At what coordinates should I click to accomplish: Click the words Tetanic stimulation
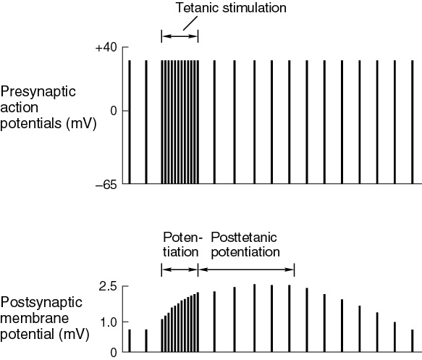click(x=231, y=7)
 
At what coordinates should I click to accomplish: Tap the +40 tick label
click(x=106, y=48)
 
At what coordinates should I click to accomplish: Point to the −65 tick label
click(x=106, y=185)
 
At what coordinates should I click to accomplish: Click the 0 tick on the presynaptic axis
click(x=114, y=111)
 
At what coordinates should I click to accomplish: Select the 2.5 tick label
click(x=108, y=287)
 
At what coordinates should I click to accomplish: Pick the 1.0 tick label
click(x=108, y=322)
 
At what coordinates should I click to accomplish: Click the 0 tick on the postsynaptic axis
click(x=114, y=353)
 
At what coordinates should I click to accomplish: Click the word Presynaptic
click(x=38, y=92)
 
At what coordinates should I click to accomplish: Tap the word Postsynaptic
click(x=41, y=303)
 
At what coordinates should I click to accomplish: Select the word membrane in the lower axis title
click(x=35, y=318)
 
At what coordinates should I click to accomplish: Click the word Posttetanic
click(x=243, y=238)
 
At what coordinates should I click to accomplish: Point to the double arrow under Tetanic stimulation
click(x=180, y=36)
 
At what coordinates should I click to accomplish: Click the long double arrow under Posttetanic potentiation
click(x=246, y=269)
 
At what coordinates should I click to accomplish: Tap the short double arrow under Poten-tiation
click(x=180, y=269)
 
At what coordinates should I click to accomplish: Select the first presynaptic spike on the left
click(x=130, y=122)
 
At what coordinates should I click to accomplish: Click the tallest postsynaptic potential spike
click(x=254, y=318)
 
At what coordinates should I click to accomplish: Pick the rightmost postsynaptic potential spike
click(x=412, y=340)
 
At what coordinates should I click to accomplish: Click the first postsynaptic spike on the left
click(x=130, y=340)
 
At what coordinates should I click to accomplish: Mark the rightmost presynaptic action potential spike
click(x=412, y=122)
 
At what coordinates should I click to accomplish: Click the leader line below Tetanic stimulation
click(x=190, y=23)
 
